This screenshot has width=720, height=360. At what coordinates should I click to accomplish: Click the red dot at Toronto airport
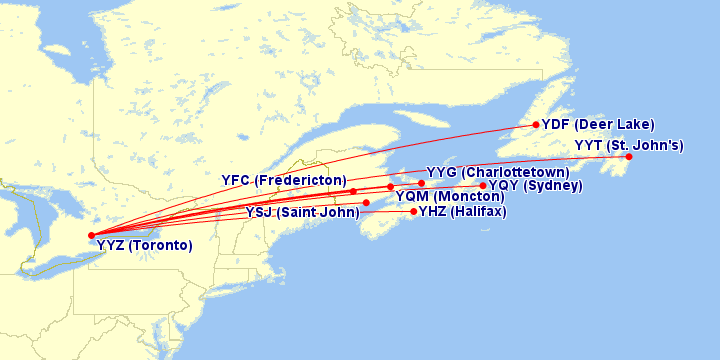click(x=91, y=235)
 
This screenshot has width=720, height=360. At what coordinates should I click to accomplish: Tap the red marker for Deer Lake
click(x=536, y=125)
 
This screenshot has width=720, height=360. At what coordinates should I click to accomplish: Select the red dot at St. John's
click(x=629, y=157)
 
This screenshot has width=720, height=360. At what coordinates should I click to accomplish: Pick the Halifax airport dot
click(x=414, y=211)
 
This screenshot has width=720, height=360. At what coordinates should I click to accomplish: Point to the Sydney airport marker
click(x=483, y=186)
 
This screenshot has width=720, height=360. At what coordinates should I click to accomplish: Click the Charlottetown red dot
click(x=422, y=183)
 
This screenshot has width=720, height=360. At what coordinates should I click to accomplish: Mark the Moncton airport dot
click(x=391, y=187)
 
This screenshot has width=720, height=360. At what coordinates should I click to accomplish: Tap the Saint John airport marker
click(x=366, y=203)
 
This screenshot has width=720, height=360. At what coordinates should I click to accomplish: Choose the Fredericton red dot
click(x=353, y=191)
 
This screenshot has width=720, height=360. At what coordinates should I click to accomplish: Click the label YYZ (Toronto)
click(x=145, y=245)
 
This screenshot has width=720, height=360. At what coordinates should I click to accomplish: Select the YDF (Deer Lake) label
click(x=598, y=125)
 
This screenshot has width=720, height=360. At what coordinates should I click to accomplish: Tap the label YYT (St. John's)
click(x=629, y=145)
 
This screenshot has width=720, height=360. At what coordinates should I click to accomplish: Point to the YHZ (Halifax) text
click(x=463, y=211)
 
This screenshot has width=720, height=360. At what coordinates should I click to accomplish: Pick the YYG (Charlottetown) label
click(x=498, y=173)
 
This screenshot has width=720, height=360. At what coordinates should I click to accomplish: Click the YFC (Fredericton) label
click(x=284, y=180)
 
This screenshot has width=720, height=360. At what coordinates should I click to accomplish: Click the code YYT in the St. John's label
click(x=589, y=145)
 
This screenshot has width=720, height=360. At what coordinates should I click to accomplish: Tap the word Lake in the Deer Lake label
click(x=633, y=125)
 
